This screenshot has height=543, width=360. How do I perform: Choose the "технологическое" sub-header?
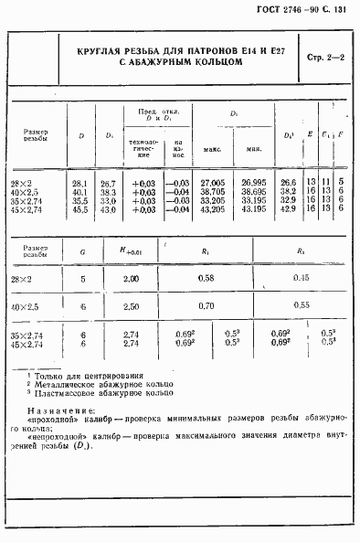click(x=143, y=149)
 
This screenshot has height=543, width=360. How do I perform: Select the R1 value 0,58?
click(x=207, y=278)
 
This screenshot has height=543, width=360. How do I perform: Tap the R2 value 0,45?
click(x=301, y=278)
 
